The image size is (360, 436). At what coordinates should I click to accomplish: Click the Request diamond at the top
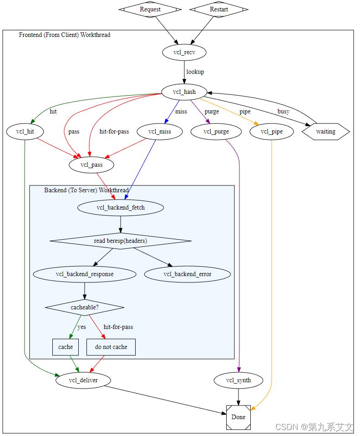pos(150,9)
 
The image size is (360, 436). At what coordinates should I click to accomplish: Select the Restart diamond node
pos(219,9)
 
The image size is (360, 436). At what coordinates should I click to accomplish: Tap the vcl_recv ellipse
pos(184,52)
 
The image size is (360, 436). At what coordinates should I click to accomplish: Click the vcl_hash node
pos(184,92)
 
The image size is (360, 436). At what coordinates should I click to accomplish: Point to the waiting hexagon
pos(325,132)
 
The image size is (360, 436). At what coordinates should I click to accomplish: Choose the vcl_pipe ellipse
pos(272,132)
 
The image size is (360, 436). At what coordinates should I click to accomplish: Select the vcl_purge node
pos(216,132)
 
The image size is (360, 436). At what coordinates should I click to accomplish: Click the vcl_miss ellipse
pos(160,132)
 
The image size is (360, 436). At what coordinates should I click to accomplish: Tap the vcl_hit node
pos(25,132)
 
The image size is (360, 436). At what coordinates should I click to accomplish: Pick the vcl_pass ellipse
pos(91,164)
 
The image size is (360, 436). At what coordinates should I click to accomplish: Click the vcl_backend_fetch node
pos(121,208)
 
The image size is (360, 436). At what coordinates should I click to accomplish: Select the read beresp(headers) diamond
pos(121,241)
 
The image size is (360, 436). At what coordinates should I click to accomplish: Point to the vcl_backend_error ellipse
pos(188,274)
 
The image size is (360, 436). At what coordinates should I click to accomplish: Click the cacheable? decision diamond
pos(85,307)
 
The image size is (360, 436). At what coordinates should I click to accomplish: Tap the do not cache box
pos(111,347)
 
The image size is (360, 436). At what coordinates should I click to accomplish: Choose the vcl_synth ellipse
pos(238,380)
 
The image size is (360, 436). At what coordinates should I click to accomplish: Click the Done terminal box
pos(238,416)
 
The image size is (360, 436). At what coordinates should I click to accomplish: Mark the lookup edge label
pos(195,72)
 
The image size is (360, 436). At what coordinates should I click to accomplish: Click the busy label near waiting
pos(283,111)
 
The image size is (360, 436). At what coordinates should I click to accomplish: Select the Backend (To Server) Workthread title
pos(86,190)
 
